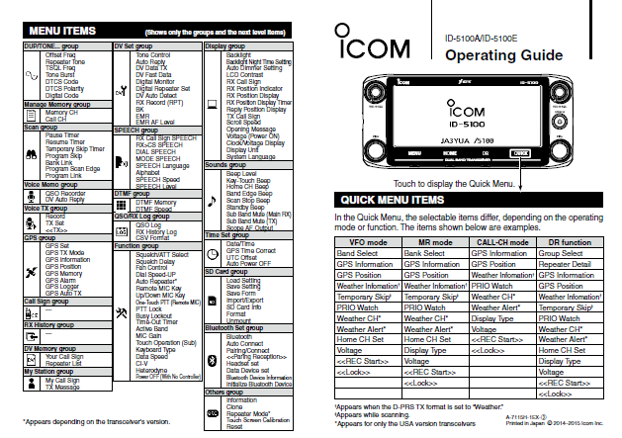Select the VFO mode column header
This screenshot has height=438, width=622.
(x=368, y=241)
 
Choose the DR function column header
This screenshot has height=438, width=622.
(x=569, y=241)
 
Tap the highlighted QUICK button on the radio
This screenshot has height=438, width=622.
(x=521, y=154)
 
